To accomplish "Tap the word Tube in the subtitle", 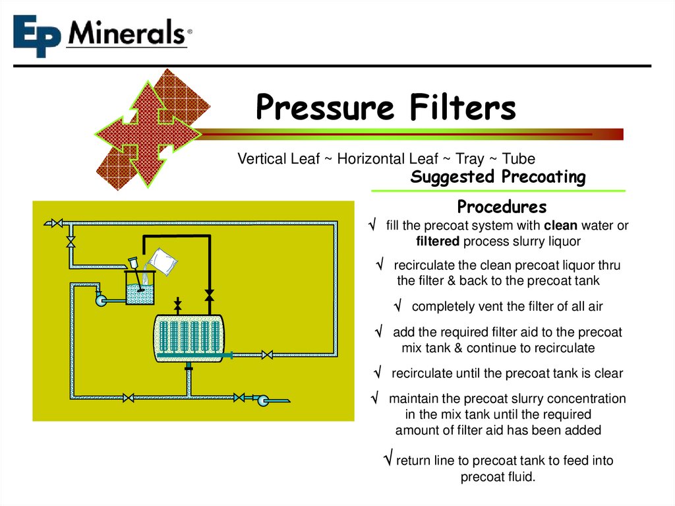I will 518,159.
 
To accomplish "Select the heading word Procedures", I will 502,207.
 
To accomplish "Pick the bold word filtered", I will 438,241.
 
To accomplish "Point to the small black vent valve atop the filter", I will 177,306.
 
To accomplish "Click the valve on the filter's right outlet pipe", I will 267,356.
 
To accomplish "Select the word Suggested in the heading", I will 452,177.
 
